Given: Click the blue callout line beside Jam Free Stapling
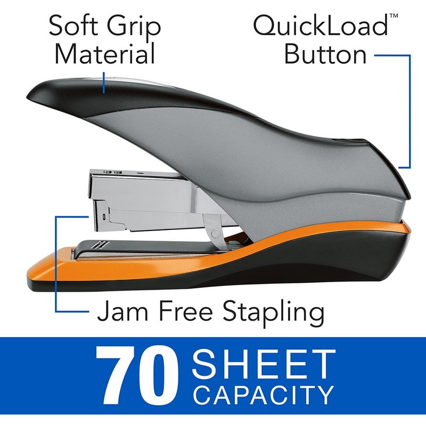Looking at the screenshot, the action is (56, 266).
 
